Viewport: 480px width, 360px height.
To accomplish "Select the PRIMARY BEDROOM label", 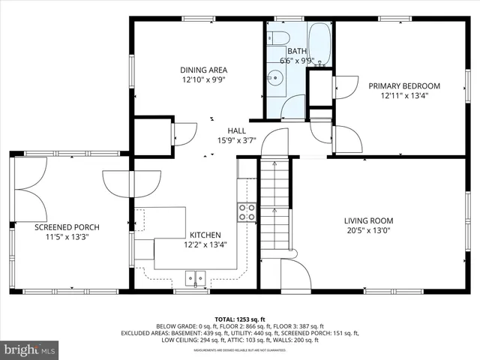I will tap(404, 85).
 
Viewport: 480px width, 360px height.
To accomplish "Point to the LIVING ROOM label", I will tap(368, 220).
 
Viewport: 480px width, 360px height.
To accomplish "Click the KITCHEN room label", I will tap(205, 234).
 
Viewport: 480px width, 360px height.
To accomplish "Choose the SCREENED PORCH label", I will tap(67, 227).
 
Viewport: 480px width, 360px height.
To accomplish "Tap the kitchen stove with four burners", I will tap(247, 212).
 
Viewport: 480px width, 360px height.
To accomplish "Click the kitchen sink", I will tap(196, 280).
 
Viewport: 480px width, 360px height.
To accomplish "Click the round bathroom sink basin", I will tap(274, 77).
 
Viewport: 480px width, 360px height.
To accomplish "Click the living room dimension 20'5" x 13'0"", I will tap(368, 230).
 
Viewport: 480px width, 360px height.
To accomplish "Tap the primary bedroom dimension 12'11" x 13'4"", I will tap(404, 95).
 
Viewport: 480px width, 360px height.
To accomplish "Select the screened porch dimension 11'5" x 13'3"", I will tap(67, 237).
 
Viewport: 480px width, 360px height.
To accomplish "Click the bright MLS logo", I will tap(30, 349).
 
